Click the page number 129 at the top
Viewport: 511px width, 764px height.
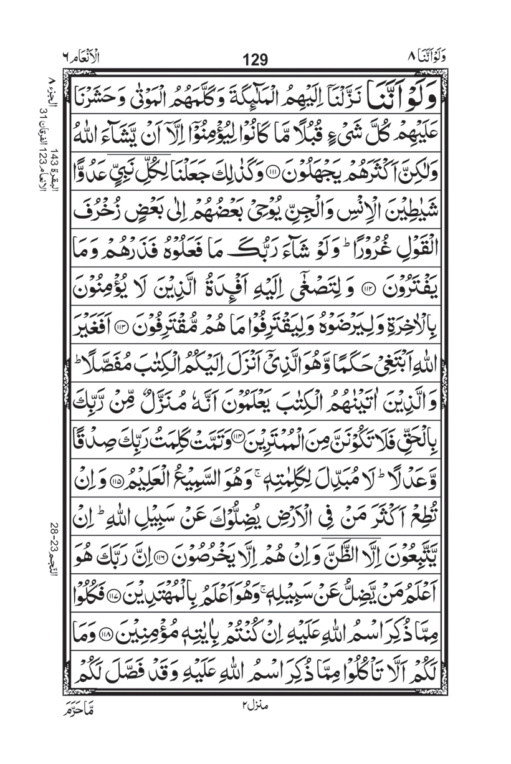255,60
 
